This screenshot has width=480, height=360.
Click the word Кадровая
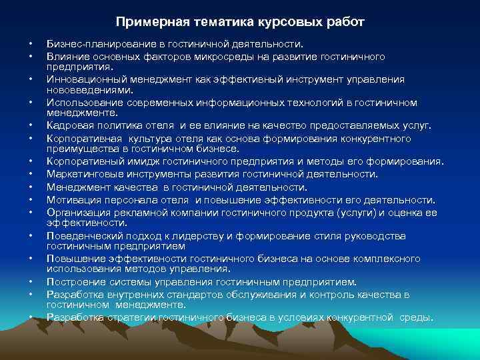[x=69, y=126]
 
